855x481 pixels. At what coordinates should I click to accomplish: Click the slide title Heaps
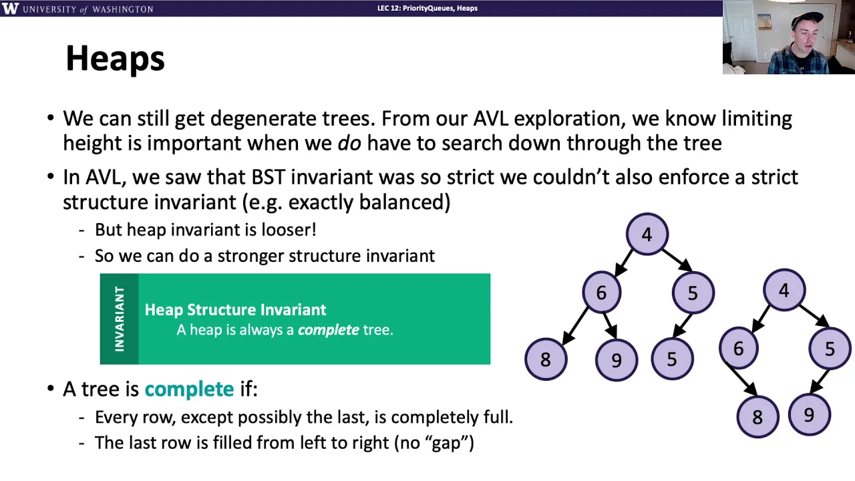click(x=115, y=58)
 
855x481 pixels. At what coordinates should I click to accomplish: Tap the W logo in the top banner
click(x=10, y=9)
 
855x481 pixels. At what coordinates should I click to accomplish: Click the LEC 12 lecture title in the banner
click(x=427, y=8)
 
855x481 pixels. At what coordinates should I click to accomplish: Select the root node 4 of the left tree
click(x=647, y=234)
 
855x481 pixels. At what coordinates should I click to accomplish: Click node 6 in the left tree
click(x=602, y=293)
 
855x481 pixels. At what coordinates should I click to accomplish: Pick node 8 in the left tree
click(x=546, y=359)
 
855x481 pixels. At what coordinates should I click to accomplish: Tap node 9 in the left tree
click(x=616, y=359)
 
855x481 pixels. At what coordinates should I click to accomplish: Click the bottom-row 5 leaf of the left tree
click(x=672, y=359)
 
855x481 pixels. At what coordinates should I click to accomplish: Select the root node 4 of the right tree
click(x=784, y=290)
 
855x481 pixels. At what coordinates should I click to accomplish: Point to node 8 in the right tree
click(x=757, y=416)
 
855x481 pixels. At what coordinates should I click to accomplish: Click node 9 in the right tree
click(x=809, y=415)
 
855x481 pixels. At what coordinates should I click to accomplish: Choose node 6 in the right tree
click(x=739, y=348)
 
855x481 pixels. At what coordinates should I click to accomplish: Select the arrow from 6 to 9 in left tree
click(x=610, y=325)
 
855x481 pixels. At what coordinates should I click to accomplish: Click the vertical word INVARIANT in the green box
click(x=120, y=319)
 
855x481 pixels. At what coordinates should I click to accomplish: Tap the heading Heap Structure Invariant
click(x=236, y=309)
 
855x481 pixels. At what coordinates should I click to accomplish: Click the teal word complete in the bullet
click(x=189, y=389)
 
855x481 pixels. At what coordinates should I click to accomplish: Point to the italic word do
click(x=349, y=143)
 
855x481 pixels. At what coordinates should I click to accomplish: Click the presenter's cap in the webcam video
click(x=806, y=20)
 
